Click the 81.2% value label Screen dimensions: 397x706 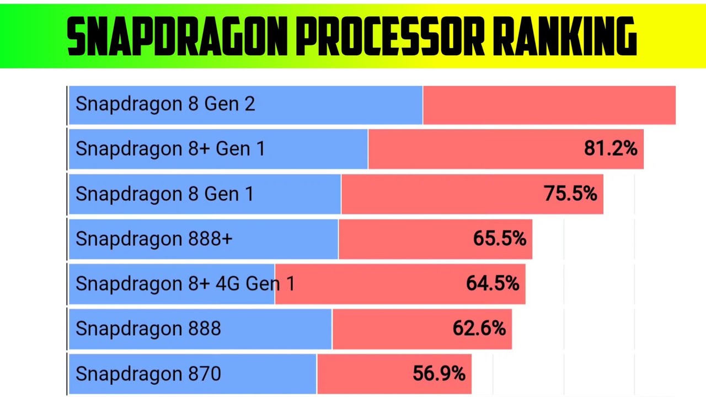611,149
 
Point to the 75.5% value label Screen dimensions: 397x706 570,194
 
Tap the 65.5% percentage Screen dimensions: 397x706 499,239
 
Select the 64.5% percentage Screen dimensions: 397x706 493,284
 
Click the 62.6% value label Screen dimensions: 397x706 479,329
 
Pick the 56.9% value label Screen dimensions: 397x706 439,374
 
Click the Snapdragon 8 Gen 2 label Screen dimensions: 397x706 165,104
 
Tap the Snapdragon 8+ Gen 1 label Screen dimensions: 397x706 170,149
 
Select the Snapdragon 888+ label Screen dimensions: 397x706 154,239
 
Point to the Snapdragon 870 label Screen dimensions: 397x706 148,374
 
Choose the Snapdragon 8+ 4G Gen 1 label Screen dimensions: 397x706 185,284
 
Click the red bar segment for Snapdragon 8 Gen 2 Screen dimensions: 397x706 549,105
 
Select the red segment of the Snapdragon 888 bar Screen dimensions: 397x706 392,329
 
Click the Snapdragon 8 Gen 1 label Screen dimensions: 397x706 164,194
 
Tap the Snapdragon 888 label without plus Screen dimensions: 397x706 148,329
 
